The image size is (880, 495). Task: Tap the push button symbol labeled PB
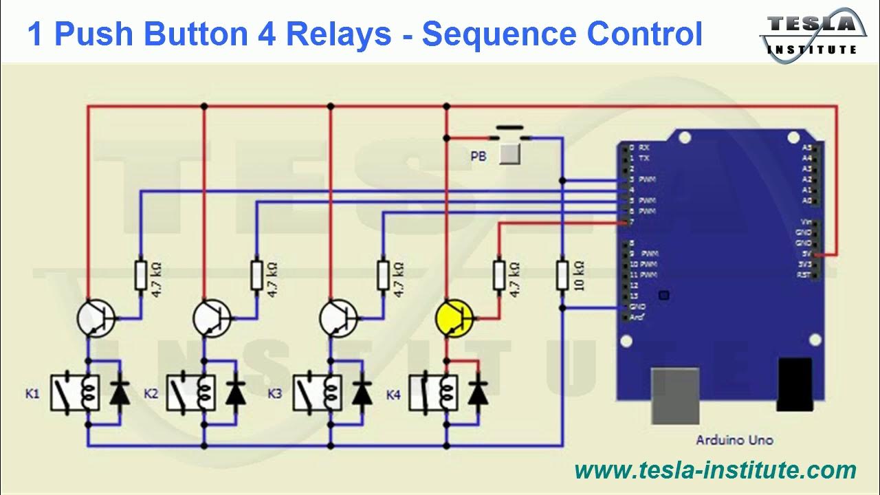coord(509,153)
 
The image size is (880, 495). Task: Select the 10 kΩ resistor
coord(562,275)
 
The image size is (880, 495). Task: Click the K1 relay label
coord(32,394)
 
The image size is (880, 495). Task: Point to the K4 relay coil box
coord(433,393)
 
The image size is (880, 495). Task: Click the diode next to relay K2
coord(236,393)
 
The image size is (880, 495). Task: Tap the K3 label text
coord(275,394)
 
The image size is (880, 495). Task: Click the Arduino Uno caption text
coord(734,440)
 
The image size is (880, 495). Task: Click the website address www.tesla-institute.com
coord(715,471)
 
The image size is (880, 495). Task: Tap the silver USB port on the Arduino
coord(675,395)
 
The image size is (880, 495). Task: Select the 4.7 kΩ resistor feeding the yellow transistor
coord(500,275)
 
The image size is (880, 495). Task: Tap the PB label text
coord(478,157)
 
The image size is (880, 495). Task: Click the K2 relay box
coord(191,393)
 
